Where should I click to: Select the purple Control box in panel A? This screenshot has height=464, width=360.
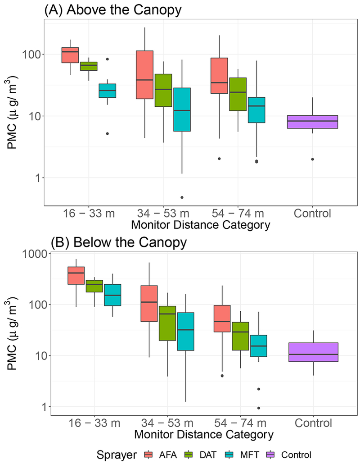pos(312,122)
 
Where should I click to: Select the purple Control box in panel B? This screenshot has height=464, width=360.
pos(312,352)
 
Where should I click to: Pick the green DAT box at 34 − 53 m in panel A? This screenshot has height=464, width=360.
pos(163,90)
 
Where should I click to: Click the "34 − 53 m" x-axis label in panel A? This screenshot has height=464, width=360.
pos(164,212)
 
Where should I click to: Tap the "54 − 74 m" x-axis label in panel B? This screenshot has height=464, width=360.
pos(238,423)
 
